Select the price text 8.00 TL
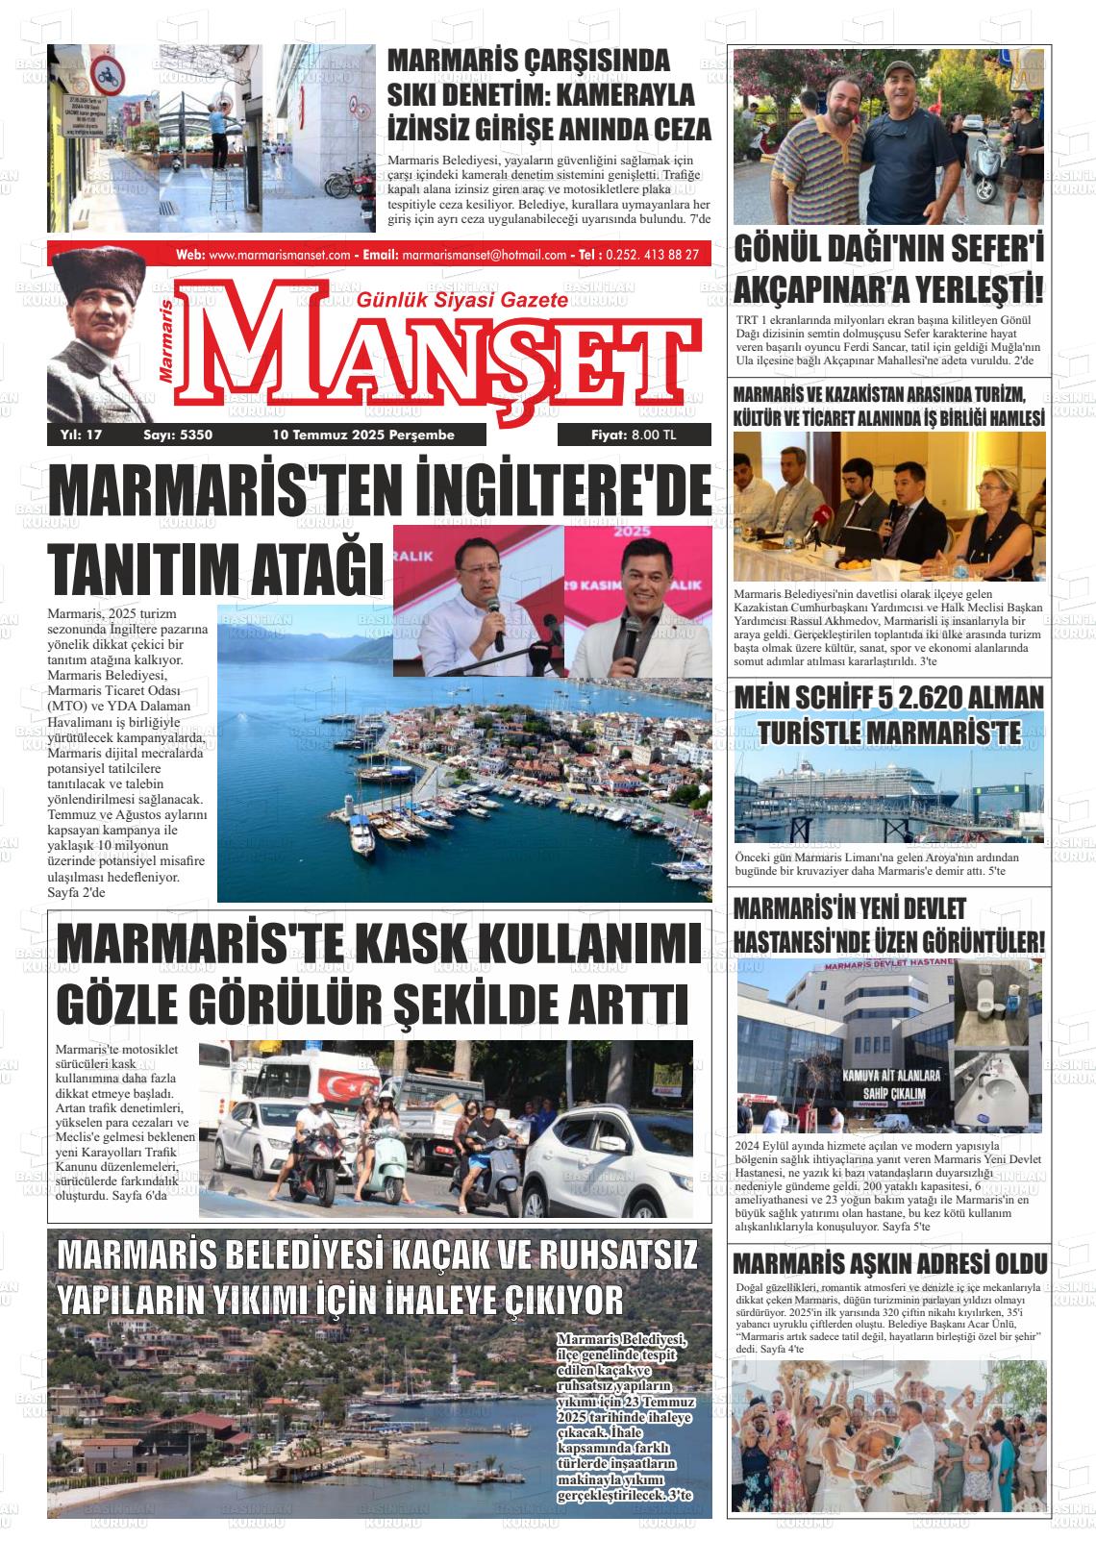[x=654, y=435]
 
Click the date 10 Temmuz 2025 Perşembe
[x=363, y=435]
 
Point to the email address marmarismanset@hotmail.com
[x=484, y=255]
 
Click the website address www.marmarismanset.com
[x=279, y=255]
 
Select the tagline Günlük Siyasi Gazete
[x=462, y=301]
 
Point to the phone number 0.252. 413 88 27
[x=655, y=255]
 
